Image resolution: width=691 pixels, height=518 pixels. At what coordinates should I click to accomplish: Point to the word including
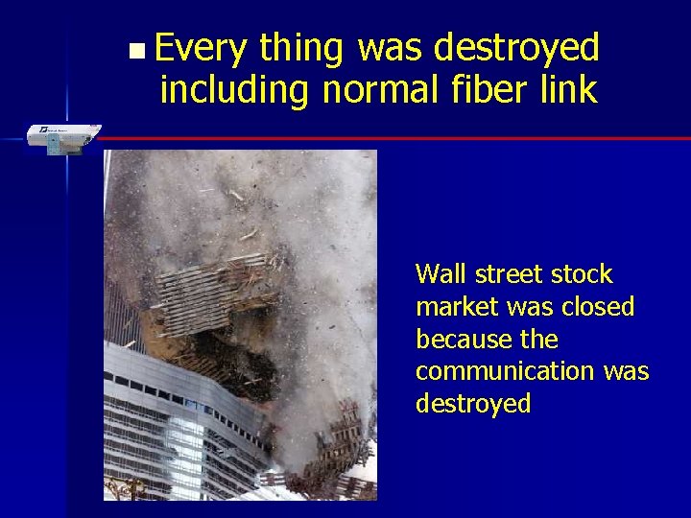coord(235,90)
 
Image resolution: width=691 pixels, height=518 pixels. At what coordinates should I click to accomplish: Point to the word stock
coord(583,274)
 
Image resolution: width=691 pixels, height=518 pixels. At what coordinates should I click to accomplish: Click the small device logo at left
coord(60,137)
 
